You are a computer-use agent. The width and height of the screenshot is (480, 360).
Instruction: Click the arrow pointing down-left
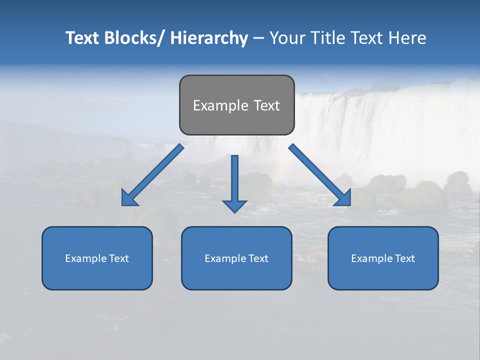pyautogui.click(x=152, y=175)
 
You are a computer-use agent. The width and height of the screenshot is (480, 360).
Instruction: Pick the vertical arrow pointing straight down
pyautogui.click(x=234, y=182)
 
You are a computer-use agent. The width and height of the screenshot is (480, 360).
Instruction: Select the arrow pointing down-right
pyautogui.click(x=320, y=175)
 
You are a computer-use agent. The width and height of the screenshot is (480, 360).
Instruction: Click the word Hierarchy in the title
pyautogui.click(x=208, y=38)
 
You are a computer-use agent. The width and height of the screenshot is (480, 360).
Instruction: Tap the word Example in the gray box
pyautogui.click(x=220, y=105)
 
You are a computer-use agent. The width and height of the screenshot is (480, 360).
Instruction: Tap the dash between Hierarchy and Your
pyautogui.click(x=258, y=38)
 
